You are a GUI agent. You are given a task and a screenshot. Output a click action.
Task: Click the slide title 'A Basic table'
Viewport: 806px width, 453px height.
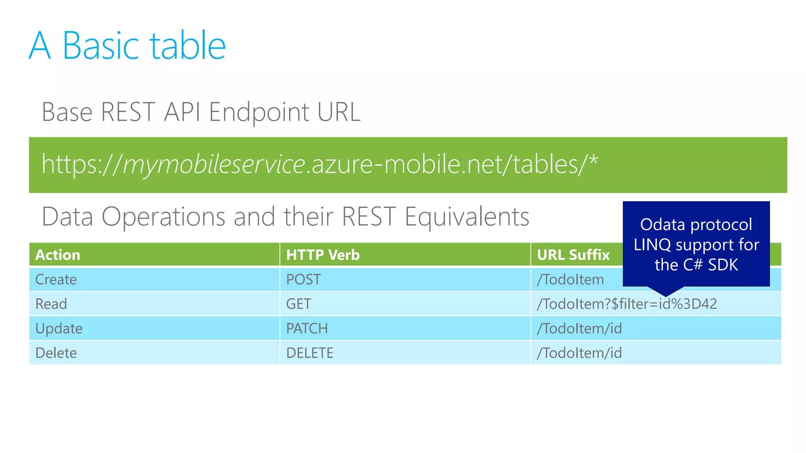[127, 46]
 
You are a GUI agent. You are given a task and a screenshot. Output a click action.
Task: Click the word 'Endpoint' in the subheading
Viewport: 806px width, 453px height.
[259, 112]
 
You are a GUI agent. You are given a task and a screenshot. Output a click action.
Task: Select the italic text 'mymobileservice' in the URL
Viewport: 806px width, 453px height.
[214, 164]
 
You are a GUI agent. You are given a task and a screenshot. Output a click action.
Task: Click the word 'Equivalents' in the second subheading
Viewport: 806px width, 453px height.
[467, 217]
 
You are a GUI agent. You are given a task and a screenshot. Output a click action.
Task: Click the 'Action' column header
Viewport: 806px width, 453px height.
[58, 255]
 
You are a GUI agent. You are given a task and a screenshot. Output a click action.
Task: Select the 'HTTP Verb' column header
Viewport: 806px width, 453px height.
[323, 255]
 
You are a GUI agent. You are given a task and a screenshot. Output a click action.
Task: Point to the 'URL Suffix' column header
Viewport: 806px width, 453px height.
[573, 255]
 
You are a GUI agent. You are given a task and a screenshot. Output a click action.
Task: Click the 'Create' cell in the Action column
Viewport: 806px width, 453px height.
[56, 280]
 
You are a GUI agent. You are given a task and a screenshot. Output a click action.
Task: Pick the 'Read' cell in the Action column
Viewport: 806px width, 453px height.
[51, 304]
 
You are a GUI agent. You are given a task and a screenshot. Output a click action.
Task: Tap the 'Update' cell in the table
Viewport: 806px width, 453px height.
[59, 328]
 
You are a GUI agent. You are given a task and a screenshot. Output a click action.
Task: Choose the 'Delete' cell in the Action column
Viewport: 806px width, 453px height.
[56, 353]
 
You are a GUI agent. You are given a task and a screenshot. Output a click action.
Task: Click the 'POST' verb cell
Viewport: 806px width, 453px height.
[303, 280]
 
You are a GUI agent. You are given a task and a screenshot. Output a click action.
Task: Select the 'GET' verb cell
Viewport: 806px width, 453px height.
[298, 304]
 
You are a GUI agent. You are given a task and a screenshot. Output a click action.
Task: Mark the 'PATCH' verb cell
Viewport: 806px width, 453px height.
[307, 328]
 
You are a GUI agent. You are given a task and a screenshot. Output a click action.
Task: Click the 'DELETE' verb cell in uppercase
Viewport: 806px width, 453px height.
[310, 353]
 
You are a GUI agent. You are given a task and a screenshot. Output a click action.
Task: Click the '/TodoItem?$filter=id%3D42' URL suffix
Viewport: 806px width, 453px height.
[627, 304]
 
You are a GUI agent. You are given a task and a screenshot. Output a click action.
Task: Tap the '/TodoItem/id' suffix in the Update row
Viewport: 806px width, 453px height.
[579, 328]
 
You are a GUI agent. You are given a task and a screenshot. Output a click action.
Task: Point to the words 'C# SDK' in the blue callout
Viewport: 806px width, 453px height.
[710, 265]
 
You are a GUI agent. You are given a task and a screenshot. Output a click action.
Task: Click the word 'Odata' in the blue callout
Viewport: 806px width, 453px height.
[662, 225]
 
